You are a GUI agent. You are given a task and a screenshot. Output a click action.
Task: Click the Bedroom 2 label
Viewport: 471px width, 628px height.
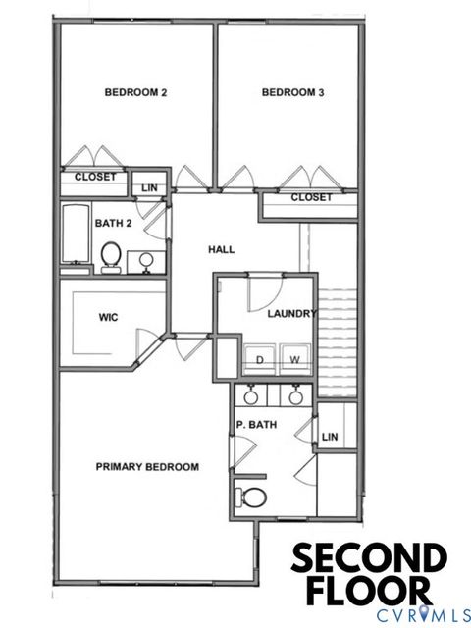pyautogui.click(x=135, y=93)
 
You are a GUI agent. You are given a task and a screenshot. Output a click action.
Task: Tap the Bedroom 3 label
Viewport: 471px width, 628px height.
pyautogui.click(x=292, y=93)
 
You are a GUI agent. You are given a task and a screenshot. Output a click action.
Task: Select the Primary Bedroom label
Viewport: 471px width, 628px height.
pyautogui.click(x=147, y=467)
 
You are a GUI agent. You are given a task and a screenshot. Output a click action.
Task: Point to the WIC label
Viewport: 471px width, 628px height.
pyautogui.click(x=109, y=318)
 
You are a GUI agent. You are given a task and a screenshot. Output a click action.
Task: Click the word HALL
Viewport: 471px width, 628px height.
pyautogui.click(x=222, y=250)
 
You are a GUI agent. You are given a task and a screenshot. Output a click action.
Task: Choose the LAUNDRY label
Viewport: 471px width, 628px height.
pyautogui.click(x=291, y=314)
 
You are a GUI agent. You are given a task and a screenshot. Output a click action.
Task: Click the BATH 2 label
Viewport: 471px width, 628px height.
pyautogui.click(x=113, y=224)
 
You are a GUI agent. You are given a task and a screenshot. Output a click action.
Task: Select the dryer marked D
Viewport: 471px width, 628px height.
pyautogui.click(x=260, y=360)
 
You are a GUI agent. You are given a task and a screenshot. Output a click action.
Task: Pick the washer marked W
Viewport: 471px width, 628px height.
pyautogui.click(x=293, y=360)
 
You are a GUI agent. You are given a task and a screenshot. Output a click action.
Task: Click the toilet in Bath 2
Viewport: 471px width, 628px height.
pyautogui.click(x=110, y=257)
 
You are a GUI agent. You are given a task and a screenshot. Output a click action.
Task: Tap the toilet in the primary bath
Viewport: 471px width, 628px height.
pyautogui.click(x=252, y=497)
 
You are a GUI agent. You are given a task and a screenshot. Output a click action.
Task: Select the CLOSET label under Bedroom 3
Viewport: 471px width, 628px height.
pyautogui.click(x=311, y=198)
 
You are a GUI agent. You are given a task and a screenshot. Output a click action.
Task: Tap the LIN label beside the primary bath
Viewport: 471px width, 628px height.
pyautogui.click(x=330, y=437)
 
